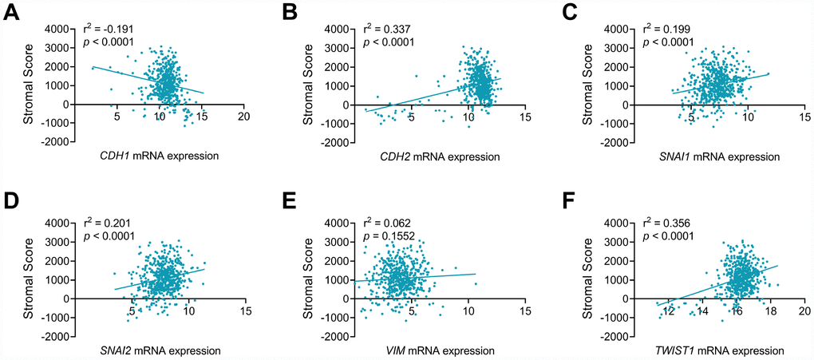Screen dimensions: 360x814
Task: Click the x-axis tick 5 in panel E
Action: tap(411, 310)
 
